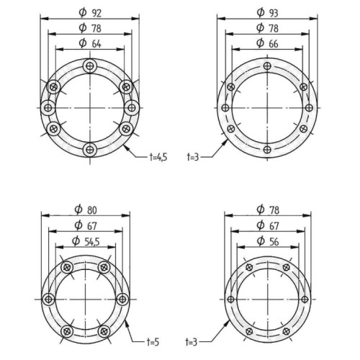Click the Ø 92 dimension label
[x=90, y=13]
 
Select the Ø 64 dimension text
[x=90, y=43]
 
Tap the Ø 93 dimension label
[x=267, y=13]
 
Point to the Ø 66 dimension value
[x=267, y=43]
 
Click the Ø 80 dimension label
[x=86, y=210]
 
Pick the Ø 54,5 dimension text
[x=86, y=241]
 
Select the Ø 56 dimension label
[x=268, y=241]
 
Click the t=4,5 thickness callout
[x=158, y=157]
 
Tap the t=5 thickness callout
[x=153, y=342]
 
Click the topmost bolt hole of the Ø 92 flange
[x=90, y=66]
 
